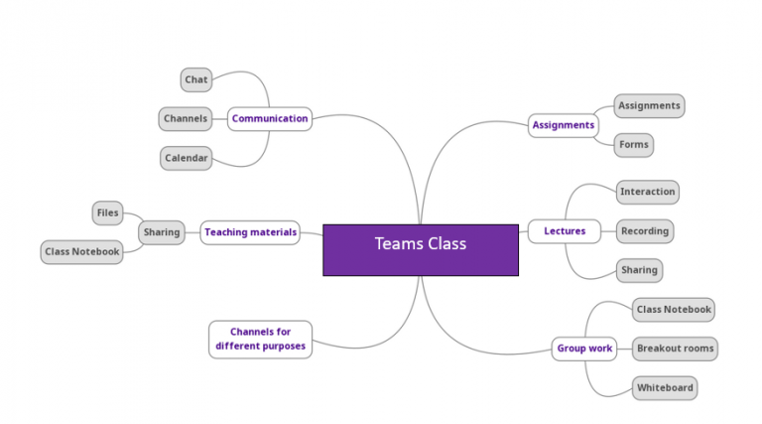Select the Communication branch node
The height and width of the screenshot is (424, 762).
coord(269,119)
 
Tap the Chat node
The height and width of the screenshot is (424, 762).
coord(195,79)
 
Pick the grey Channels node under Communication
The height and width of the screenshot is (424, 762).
coord(186,119)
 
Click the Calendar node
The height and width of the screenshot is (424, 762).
coord(186,158)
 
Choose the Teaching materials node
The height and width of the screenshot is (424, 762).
coord(250,232)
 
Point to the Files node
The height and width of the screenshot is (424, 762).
coord(107,212)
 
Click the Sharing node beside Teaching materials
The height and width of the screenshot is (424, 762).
coord(161,232)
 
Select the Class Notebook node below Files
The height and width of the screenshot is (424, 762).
coord(81,252)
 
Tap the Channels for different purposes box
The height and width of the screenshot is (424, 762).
coord(260,339)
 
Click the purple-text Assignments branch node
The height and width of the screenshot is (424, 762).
coord(564,125)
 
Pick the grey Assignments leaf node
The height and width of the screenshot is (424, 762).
coord(649,105)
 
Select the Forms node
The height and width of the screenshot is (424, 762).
coord(633,145)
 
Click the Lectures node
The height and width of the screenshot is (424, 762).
coord(564,231)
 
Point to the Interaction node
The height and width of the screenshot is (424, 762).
coord(647,192)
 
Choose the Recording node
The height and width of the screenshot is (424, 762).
coord(644,231)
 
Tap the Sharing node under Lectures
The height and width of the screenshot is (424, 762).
coord(638,270)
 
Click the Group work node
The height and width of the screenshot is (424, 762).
coord(584,349)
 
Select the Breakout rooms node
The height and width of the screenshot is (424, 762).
coord(674,349)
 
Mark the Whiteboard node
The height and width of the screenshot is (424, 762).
coord(664,387)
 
